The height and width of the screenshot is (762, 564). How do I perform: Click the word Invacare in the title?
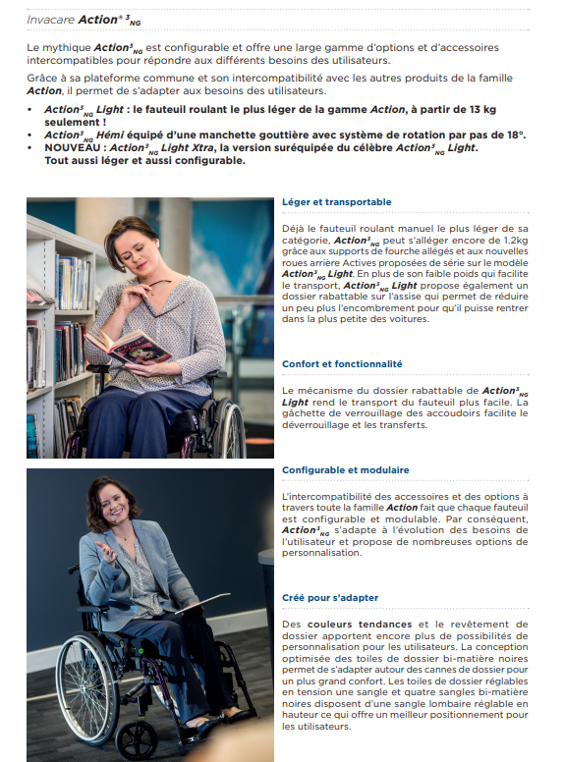point(45,20)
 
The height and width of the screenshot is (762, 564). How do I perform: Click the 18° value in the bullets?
point(515,135)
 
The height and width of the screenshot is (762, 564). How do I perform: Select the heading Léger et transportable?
point(336,202)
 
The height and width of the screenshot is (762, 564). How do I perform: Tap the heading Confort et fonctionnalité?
point(342,364)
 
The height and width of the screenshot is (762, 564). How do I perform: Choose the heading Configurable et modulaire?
point(346,470)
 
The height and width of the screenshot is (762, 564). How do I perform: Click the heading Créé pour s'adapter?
point(329,597)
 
